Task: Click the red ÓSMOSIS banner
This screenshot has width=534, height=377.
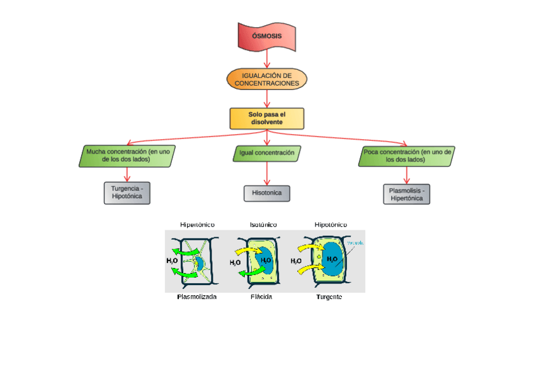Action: tap(267, 36)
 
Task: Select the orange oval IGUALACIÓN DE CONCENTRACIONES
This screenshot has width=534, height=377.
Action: tap(267, 79)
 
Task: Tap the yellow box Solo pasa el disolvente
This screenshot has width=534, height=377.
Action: tap(267, 118)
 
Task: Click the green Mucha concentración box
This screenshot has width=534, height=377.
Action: tap(128, 155)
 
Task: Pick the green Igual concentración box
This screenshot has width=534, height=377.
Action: tap(267, 153)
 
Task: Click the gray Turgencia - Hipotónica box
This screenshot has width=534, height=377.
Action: tap(127, 193)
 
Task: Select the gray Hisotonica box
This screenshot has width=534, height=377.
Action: tap(267, 193)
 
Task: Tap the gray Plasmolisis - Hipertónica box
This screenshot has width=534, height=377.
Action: tap(406, 194)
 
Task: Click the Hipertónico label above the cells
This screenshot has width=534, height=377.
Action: tap(197, 225)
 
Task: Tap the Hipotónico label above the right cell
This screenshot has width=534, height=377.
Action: tap(331, 225)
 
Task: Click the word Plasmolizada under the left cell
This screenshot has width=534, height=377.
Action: tap(197, 297)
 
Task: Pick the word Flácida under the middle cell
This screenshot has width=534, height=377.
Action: tap(261, 297)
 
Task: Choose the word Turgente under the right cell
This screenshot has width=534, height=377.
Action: tap(329, 297)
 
